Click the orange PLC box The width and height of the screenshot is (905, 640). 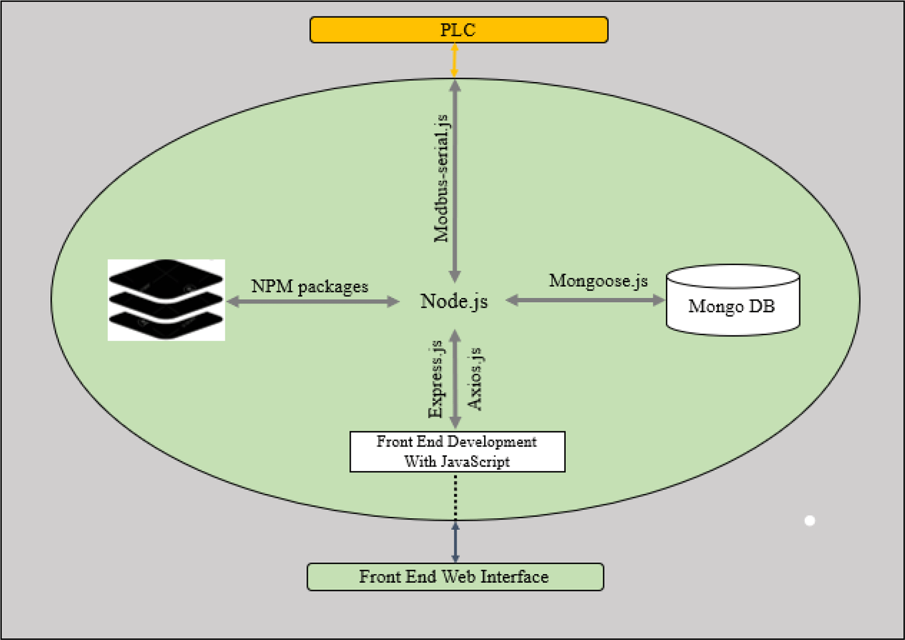click(x=459, y=30)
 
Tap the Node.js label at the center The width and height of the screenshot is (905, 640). click(x=454, y=301)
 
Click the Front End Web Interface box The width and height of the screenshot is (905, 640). click(x=455, y=577)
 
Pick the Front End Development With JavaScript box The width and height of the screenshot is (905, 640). click(x=457, y=451)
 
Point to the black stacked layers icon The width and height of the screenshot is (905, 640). click(x=166, y=300)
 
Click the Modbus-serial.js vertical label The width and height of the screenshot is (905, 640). click(x=441, y=178)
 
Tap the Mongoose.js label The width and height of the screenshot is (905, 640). click(x=598, y=281)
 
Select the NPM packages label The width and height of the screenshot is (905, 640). click(x=309, y=286)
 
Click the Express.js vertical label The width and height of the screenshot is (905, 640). click(x=435, y=378)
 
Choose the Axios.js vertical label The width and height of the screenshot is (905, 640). click(x=475, y=379)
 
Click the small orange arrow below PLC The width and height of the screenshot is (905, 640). click(x=455, y=60)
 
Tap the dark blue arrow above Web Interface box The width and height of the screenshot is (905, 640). click(x=455, y=542)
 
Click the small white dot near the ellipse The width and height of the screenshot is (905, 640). click(x=810, y=521)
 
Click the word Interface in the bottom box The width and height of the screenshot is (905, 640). click(x=515, y=577)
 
